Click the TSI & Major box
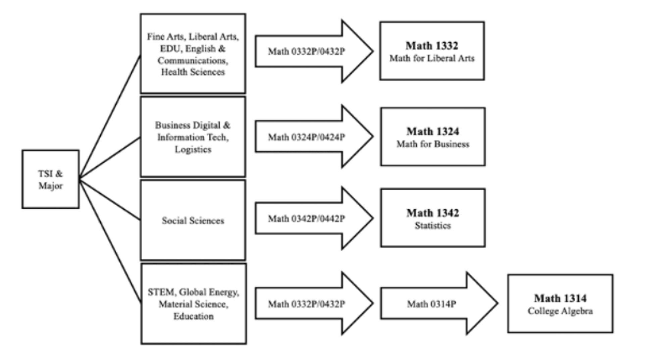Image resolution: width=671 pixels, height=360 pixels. click(50, 179)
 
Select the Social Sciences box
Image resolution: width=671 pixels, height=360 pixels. click(193, 220)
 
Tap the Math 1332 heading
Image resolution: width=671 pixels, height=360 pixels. click(432, 45)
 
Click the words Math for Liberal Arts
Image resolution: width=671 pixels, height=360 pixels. click(432, 58)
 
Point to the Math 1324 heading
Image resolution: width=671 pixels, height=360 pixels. click(433, 131)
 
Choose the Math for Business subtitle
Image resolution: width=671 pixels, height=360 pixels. click(433, 144)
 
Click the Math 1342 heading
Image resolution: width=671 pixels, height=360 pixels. click(433, 213)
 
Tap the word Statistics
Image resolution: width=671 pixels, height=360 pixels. click(433, 225)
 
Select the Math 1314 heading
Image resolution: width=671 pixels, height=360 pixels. click(560, 298)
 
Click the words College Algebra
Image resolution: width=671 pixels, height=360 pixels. click(560, 311)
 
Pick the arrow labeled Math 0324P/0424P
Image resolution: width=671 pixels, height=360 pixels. click(306, 137)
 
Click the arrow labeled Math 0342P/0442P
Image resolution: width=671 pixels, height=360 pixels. click(306, 218)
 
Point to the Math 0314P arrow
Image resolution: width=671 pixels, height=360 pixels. click(431, 304)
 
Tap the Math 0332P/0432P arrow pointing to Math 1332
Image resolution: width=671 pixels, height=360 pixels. click(306, 51)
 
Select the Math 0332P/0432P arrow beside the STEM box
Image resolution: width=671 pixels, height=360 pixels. click(306, 304)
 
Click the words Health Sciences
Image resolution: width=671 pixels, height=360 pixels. click(193, 72)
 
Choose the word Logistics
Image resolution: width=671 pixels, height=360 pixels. click(193, 149)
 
